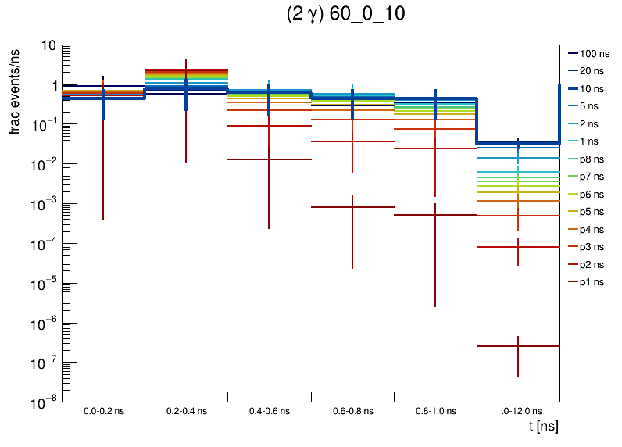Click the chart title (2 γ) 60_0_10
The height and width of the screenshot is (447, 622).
[x=345, y=15]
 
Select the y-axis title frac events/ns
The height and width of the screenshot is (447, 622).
[x=15, y=90]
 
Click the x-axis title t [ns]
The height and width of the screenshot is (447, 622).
[x=542, y=427]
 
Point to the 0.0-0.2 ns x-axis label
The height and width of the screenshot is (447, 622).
[x=103, y=410]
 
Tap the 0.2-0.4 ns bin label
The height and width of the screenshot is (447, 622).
[x=186, y=410]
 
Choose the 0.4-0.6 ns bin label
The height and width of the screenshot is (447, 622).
[x=269, y=410]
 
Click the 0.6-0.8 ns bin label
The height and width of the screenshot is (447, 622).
[x=352, y=410]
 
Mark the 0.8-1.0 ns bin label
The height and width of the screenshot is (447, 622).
[x=434, y=410]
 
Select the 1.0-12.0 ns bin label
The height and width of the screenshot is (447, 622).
[x=517, y=410]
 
